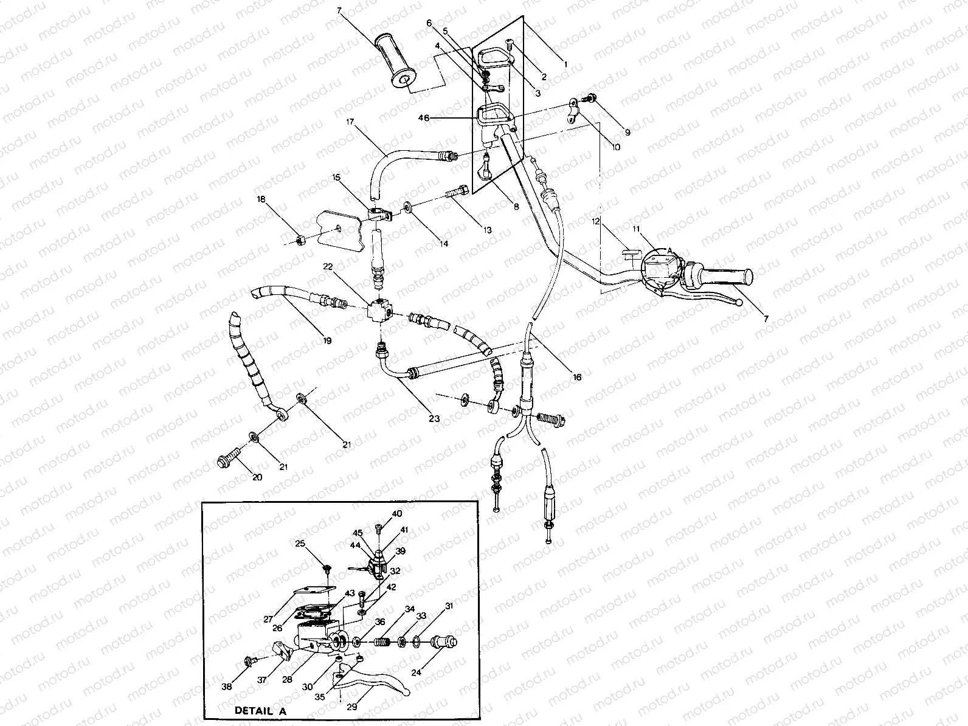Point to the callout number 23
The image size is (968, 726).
point(434,418)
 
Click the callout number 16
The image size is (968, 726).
point(577,378)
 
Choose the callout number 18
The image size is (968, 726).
point(261,199)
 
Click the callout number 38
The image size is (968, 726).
point(227,686)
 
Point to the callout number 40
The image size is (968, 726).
point(396,514)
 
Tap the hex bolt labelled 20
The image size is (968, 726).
point(226,460)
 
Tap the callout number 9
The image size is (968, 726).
point(627,132)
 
